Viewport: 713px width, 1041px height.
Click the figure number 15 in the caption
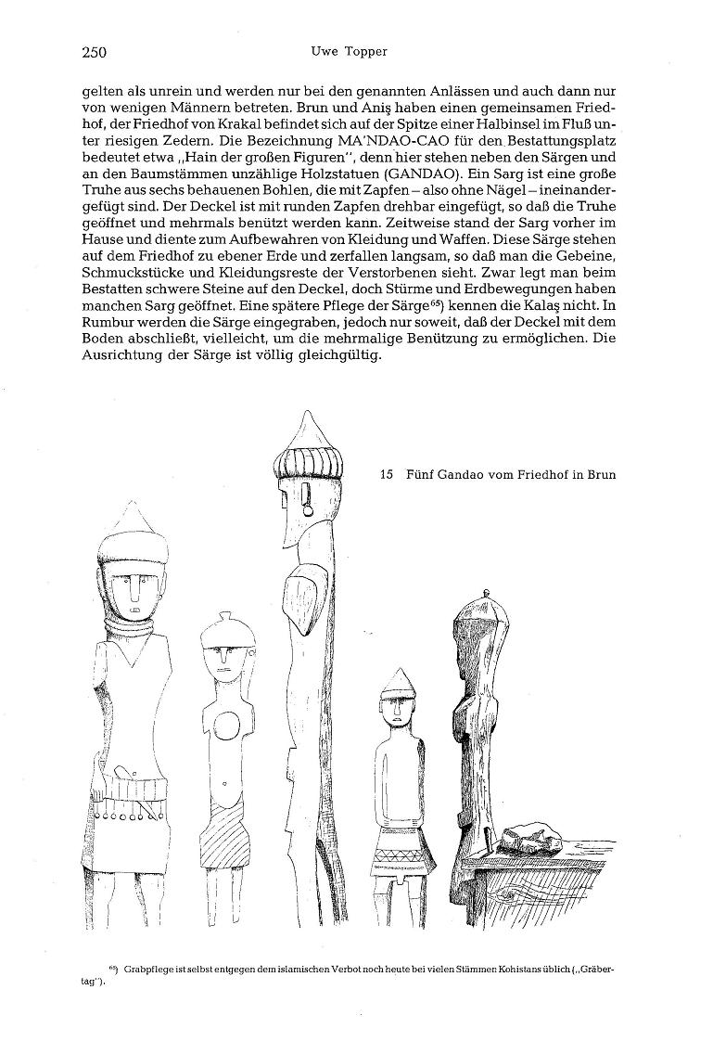click(x=388, y=475)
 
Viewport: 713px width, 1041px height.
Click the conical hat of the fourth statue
click(x=396, y=683)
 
